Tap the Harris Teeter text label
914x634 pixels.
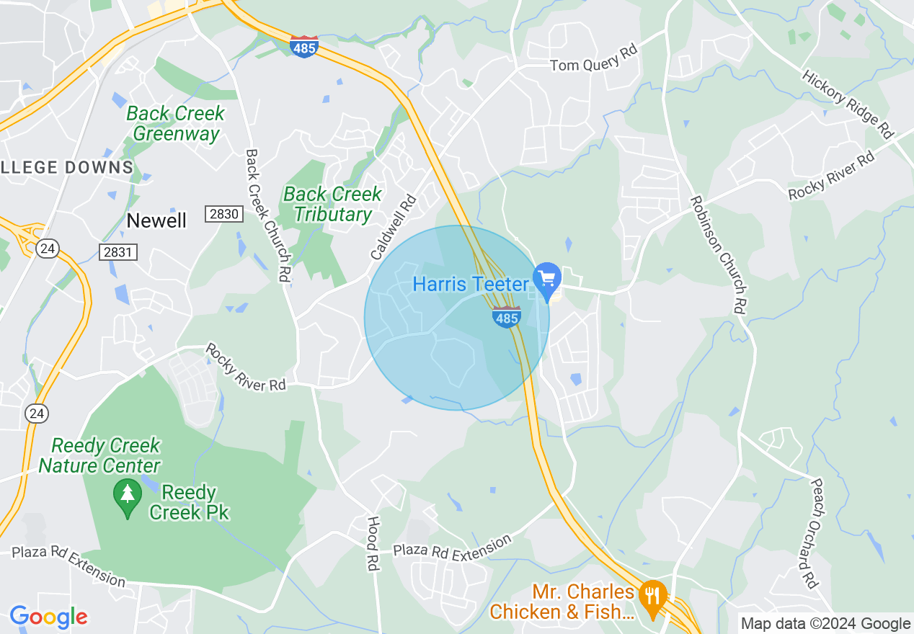471,284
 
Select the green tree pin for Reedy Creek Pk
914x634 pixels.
128,496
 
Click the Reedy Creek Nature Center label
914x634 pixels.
100,456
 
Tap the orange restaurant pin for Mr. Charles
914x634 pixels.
653,597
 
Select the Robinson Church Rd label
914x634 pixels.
717,254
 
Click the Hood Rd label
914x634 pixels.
373,544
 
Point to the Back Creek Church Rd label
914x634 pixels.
267,215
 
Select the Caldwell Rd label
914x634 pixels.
394,228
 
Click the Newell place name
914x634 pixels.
156,220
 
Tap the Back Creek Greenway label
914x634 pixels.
176,123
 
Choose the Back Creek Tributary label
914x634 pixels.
332,204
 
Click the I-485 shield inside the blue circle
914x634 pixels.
507,316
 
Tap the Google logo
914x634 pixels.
48,617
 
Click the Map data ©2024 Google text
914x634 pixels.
826,623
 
